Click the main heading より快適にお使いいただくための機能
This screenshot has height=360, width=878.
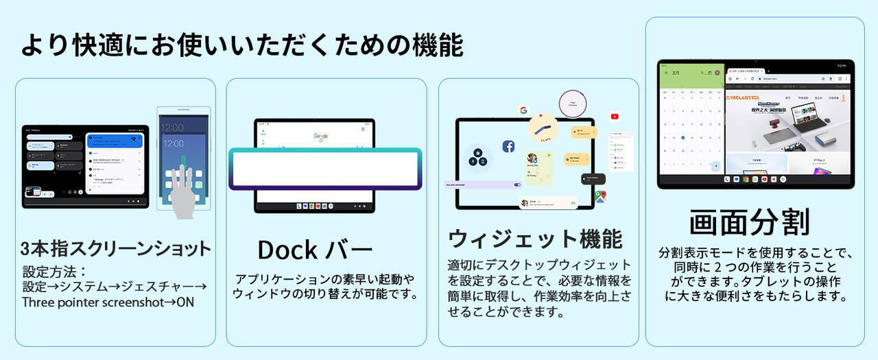242,45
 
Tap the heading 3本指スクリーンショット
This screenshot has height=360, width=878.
115,248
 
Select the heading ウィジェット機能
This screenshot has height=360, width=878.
535,239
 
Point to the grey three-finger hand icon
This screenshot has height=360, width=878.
184,191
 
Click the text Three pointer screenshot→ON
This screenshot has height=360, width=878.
108,302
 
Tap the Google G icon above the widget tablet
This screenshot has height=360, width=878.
523,110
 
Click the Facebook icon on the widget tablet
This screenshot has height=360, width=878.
508,146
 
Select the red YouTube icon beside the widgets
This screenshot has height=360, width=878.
615,117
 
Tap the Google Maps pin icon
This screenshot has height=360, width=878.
601,197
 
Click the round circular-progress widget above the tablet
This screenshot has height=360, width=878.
571,104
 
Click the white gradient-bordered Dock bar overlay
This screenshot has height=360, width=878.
325,168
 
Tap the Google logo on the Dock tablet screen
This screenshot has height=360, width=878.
320,136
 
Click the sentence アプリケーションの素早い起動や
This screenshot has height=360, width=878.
325,280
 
